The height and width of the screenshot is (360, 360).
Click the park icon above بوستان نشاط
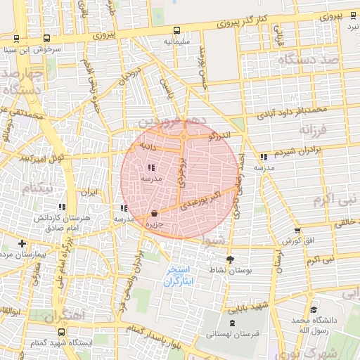click(x=230, y=259)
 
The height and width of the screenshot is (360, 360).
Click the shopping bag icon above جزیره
click(x=154, y=213)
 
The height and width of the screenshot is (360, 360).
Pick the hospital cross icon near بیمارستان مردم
click(x=22, y=243)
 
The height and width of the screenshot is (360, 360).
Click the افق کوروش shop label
click(x=297, y=241)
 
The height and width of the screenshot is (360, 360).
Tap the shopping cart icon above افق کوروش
click(x=297, y=230)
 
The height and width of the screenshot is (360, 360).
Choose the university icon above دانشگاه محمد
click(x=312, y=309)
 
